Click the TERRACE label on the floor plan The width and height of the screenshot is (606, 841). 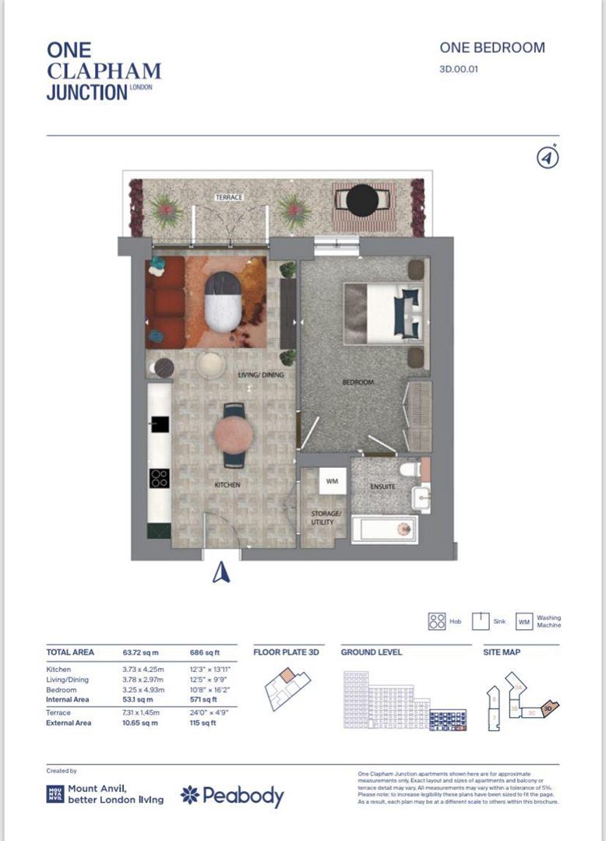[x=230, y=198]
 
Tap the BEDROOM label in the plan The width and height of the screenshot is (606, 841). [x=358, y=382]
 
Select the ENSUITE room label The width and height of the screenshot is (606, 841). [x=382, y=487]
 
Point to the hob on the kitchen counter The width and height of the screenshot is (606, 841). [x=159, y=478]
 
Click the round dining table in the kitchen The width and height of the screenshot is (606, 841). [x=234, y=435]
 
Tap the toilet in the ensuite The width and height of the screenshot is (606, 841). [x=408, y=470]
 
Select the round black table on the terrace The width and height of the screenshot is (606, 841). [x=361, y=200]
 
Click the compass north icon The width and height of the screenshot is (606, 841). [x=548, y=157]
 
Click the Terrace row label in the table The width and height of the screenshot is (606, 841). [x=58, y=713]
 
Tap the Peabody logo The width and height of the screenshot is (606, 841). [x=232, y=795]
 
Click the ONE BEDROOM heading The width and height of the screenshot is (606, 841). [x=492, y=48]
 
